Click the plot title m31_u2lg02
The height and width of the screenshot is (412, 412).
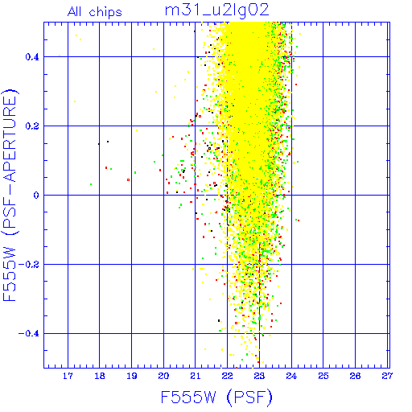216,10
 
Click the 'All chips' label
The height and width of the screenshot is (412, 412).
95,12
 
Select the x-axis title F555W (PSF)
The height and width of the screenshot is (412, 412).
216,397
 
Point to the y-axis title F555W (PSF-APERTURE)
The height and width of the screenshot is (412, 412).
10,195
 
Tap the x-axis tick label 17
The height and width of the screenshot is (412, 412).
68,376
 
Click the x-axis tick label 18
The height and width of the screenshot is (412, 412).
100,376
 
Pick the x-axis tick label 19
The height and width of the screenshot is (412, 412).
131,376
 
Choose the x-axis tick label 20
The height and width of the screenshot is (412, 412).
163,376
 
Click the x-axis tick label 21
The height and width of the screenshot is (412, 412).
196,376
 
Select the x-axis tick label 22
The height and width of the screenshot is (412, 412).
227,376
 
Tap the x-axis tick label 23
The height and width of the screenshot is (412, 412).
259,376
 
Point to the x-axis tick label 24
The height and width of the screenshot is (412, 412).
291,376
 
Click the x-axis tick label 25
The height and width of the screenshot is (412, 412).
323,376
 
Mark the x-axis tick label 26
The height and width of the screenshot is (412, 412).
355,376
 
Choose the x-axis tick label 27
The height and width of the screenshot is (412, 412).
387,376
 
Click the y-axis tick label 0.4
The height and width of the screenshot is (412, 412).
32,57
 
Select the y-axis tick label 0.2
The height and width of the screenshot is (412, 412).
32,126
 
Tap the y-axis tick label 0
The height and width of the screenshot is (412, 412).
36,196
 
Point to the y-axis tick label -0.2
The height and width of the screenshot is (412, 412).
28,265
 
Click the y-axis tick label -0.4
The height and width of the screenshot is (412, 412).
28,334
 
